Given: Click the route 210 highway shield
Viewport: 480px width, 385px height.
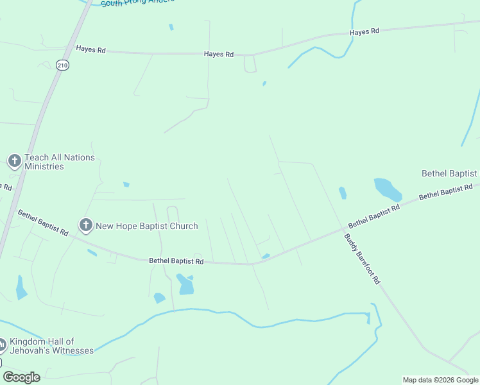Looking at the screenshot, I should tap(62, 65).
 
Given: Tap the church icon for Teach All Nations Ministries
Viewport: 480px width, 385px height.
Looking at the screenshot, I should tap(15, 161).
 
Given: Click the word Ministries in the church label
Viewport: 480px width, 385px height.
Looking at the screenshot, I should tap(44, 167).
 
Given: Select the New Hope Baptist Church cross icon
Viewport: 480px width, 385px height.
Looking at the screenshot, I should tap(85, 225).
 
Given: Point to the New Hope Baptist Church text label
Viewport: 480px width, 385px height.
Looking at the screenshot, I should tap(146, 226).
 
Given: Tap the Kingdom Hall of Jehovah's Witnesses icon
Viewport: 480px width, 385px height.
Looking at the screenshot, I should tap(3, 345).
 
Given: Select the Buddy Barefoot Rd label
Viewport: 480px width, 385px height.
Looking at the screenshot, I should tap(363, 259).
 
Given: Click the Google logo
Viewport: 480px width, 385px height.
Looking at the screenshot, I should tap(21, 377).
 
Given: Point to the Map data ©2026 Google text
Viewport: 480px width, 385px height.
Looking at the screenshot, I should tap(440, 380).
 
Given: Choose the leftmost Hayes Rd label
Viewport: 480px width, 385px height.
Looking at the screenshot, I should tap(90, 49).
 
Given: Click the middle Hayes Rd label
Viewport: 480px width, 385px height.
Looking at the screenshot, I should tap(218, 55).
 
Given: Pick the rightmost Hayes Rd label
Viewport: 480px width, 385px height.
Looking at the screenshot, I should tap(364, 31).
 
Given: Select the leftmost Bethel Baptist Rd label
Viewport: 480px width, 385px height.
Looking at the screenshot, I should tap(42, 223).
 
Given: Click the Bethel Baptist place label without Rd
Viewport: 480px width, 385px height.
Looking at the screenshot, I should tap(449, 173).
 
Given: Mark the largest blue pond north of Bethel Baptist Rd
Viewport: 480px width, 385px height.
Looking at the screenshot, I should tap(388, 189).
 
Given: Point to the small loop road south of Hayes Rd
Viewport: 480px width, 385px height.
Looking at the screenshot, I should tap(250, 64).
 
